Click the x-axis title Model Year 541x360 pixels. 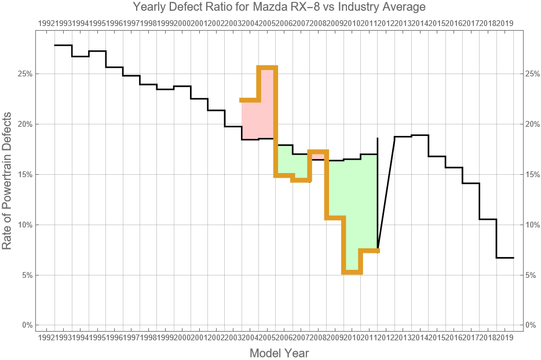[x=279, y=353]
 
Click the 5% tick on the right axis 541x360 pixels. [x=532, y=275]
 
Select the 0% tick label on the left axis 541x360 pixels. [x=26, y=325]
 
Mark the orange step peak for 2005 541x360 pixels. [x=267, y=68]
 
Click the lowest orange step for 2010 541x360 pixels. [x=352, y=272]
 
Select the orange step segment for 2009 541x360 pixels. [x=335, y=218]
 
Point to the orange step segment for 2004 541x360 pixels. [x=250, y=100]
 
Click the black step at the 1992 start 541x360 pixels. [x=63, y=45]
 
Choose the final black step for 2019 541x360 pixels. [x=505, y=258]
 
